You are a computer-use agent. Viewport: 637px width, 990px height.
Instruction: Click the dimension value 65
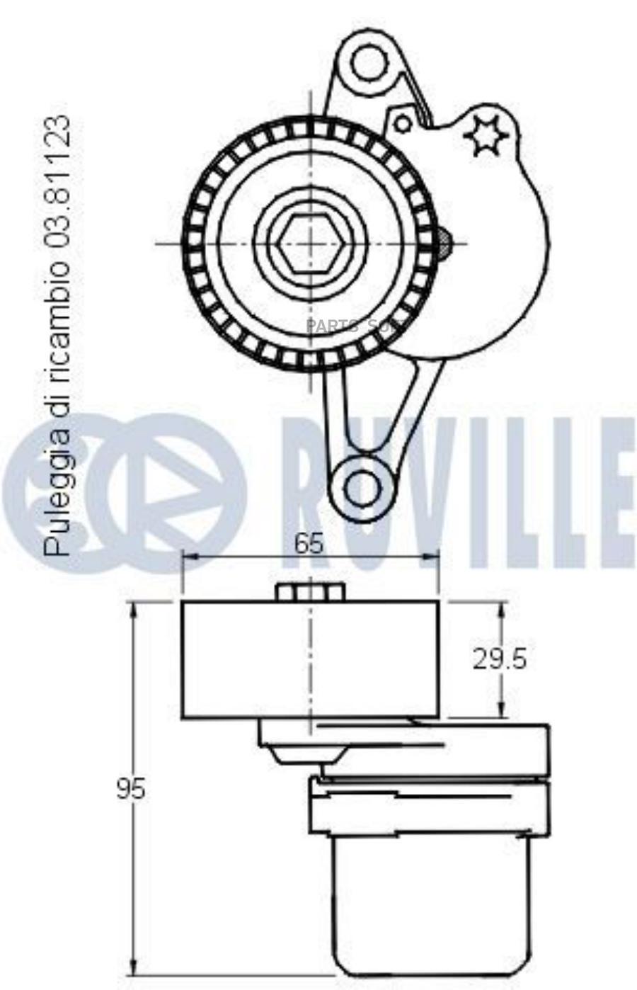click(x=309, y=543)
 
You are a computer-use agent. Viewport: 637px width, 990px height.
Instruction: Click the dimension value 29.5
click(x=500, y=659)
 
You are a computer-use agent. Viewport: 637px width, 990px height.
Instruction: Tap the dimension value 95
click(x=131, y=788)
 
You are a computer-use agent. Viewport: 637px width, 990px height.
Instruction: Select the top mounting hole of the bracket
click(x=367, y=62)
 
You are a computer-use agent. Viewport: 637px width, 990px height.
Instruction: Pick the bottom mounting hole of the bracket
click(x=365, y=487)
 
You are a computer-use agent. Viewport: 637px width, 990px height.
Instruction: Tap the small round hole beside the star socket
click(x=403, y=124)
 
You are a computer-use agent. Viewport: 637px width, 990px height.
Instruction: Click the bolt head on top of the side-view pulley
click(x=309, y=591)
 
